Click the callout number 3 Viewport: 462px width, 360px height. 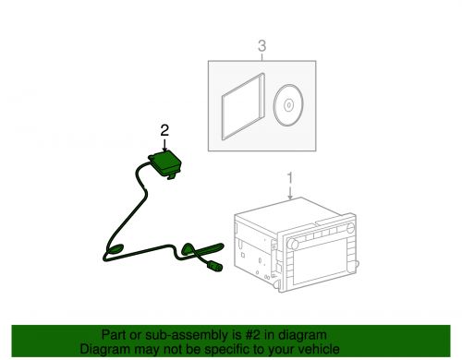[x=261, y=46]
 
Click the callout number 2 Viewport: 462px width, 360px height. [x=164, y=130]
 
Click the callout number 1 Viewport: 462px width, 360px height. [x=290, y=178]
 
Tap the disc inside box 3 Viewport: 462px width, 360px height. [x=288, y=105]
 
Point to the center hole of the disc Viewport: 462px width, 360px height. [x=288, y=105]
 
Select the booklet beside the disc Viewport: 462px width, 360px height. [x=243, y=106]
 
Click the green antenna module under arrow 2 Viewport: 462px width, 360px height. [x=165, y=163]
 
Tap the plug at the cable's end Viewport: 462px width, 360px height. [x=214, y=266]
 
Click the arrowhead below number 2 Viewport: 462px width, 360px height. [x=164, y=149]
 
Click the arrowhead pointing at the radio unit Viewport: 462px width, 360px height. [x=290, y=197]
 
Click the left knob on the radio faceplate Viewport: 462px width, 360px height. [x=292, y=245]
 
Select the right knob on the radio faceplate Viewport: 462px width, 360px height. [x=351, y=228]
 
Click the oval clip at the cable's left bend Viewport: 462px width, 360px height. [x=115, y=248]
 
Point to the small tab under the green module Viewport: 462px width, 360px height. [x=172, y=176]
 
